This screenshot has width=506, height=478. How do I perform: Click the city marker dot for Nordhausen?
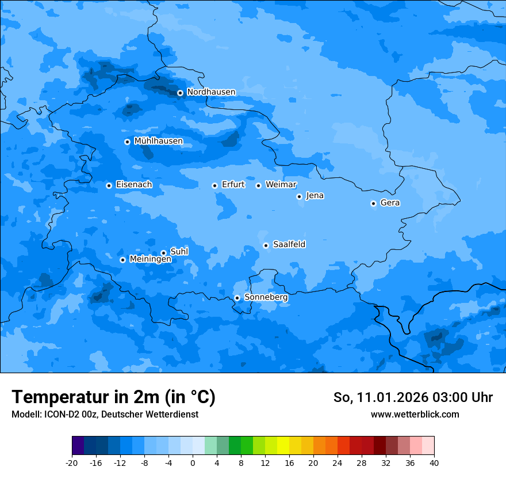pyautogui.click(x=180, y=93)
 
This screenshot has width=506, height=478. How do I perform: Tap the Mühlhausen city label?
pyautogui.click(x=158, y=141)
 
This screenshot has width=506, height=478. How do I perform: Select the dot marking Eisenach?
pyautogui.click(x=109, y=185)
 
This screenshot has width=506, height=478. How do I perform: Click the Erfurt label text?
pyautogui.click(x=233, y=185)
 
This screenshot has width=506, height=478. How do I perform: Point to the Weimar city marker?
pyautogui.click(x=258, y=185)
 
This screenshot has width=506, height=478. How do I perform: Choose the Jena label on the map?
pyautogui.click(x=315, y=196)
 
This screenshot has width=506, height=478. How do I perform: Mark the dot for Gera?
pyautogui.click(x=373, y=203)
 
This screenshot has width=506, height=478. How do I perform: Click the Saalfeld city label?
pyautogui.click(x=289, y=245)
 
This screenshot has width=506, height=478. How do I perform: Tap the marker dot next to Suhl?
pyautogui.click(x=163, y=253)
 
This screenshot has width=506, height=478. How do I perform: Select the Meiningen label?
pyautogui.click(x=150, y=260)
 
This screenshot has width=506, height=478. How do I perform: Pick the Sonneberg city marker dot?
pyautogui.click(x=237, y=298)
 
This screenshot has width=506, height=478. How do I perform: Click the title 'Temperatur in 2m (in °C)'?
pyautogui.click(x=113, y=397)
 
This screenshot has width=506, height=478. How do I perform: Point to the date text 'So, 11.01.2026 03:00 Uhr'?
pyautogui.click(x=413, y=397)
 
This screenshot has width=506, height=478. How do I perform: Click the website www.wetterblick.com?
pyautogui.click(x=415, y=415)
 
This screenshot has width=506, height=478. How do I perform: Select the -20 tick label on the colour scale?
pyautogui.click(x=72, y=463)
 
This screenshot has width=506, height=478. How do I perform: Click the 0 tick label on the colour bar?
pyautogui.click(x=193, y=463)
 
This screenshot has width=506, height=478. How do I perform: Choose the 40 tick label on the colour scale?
pyautogui.click(x=434, y=463)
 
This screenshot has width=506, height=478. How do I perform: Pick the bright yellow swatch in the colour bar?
pyautogui.click(x=283, y=446)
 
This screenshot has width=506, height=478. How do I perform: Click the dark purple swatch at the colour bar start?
pyautogui.click(x=78, y=446)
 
